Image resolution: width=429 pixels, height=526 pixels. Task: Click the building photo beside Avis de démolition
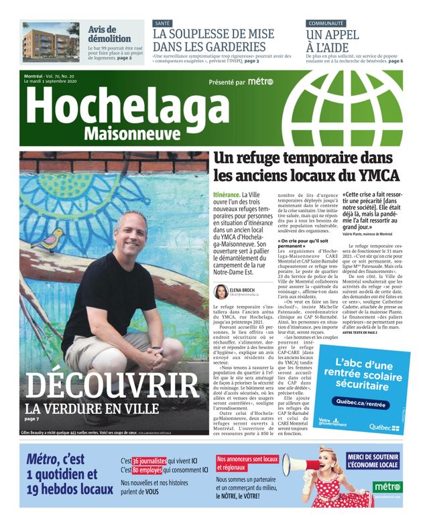pos(51,42)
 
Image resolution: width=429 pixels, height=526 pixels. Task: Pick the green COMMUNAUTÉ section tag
pos(325,23)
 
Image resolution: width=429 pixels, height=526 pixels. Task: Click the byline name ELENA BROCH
pos(244,289)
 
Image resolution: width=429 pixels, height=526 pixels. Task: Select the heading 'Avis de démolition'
pos(109,34)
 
